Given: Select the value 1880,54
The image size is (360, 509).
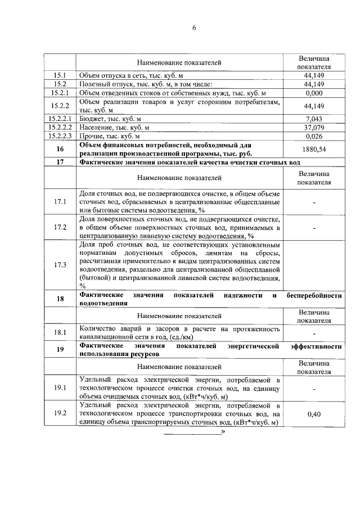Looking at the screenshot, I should pyautogui.click(x=314, y=150).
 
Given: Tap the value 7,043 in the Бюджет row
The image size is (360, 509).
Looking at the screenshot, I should pyautogui.click(x=314, y=119).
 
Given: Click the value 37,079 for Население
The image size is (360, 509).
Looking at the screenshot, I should pyautogui.click(x=314, y=127).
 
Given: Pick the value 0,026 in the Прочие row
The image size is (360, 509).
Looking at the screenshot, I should pyautogui.click(x=314, y=136).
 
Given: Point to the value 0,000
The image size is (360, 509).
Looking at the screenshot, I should pyautogui.click(x=314, y=92).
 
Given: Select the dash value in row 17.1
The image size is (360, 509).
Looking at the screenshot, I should pyautogui.click(x=314, y=201).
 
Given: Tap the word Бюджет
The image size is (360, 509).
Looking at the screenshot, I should pyautogui.click(x=93, y=119).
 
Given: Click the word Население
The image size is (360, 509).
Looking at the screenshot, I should pyautogui.click(x=97, y=127).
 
